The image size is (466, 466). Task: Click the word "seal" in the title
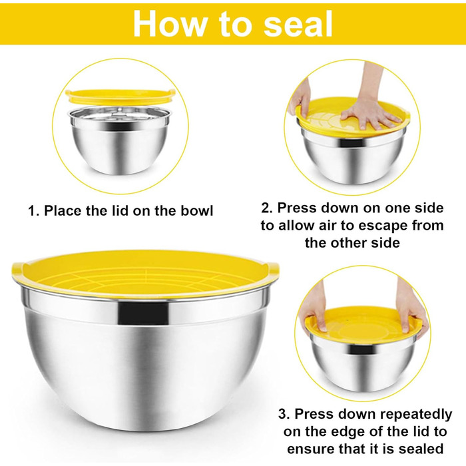click(x=298, y=24)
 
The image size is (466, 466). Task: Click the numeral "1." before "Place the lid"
click(x=33, y=211)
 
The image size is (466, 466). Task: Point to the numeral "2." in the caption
click(x=267, y=208)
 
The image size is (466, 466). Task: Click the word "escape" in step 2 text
click(x=380, y=226)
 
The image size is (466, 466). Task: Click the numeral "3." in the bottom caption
click(x=284, y=414)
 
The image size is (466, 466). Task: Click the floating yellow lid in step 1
click(x=120, y=97)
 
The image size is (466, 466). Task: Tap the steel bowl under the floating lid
click(x=120, y=140)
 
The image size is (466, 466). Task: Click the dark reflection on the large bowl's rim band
click(x=143, y=313)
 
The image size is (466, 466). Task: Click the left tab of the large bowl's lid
click(x=18, y=270)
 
